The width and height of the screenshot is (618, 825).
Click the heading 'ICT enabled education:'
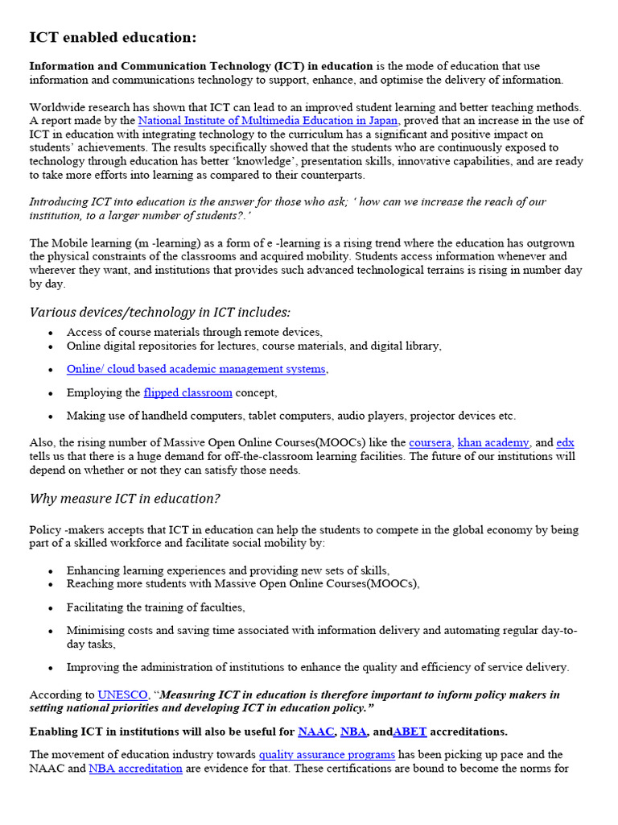point(113,38)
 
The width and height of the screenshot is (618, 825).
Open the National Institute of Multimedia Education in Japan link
point(267,121)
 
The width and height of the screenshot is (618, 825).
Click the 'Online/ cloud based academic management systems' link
point(196,369)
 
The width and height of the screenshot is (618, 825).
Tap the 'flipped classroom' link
point(187,392)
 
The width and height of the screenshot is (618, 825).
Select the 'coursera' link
point(431,442)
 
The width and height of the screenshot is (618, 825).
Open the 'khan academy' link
point(493,442)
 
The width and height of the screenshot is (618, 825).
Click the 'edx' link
point(565,442)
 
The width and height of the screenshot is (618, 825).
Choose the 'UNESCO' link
point(122,694)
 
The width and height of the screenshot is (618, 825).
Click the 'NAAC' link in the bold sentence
point(315,732)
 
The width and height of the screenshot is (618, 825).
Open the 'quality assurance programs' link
point(327,755)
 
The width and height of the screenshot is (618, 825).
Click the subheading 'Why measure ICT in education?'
point(125,499)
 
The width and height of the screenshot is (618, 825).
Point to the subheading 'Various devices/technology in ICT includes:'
point(160,312)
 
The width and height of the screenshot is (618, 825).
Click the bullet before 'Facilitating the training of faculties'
point(51,607)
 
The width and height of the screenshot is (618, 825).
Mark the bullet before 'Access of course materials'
point(51,333)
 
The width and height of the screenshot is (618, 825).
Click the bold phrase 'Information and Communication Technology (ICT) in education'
point(201,66)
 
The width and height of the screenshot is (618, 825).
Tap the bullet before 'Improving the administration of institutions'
point(51,668)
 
